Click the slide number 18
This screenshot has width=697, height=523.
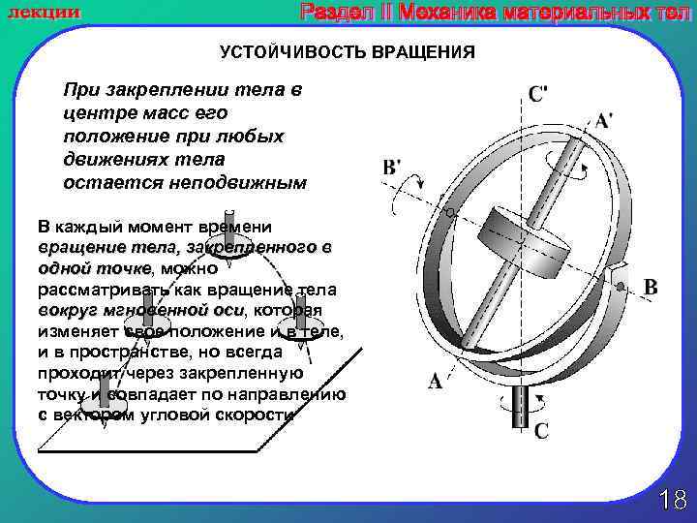click(672, 500)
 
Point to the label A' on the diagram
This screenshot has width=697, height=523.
click(603, 123)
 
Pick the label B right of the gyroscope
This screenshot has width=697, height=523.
click(651, 288)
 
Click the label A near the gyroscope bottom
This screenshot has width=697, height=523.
click(436, 382)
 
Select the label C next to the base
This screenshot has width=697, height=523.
click(541, 430)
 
